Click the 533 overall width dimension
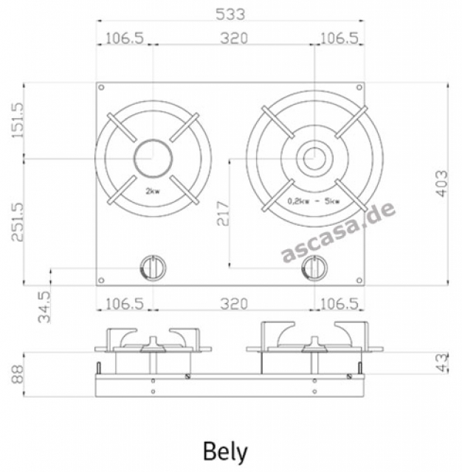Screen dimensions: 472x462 click(x=231, y=13)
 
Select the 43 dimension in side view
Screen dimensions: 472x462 click(x=441, y=363)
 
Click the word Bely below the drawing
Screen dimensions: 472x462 click(x=225, y=451)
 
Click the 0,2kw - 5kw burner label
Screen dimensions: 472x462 click(x=314, y=200)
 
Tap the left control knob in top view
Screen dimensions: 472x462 click(x=153, y=267)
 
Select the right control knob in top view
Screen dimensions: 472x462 click(x=315, y=267)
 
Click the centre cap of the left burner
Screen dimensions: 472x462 click(x=153, y=158)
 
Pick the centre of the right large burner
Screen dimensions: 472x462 click(x=315, y=158)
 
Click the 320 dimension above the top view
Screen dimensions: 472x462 click(x=234, y=38)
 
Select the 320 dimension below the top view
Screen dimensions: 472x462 click(x=234, y=304)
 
